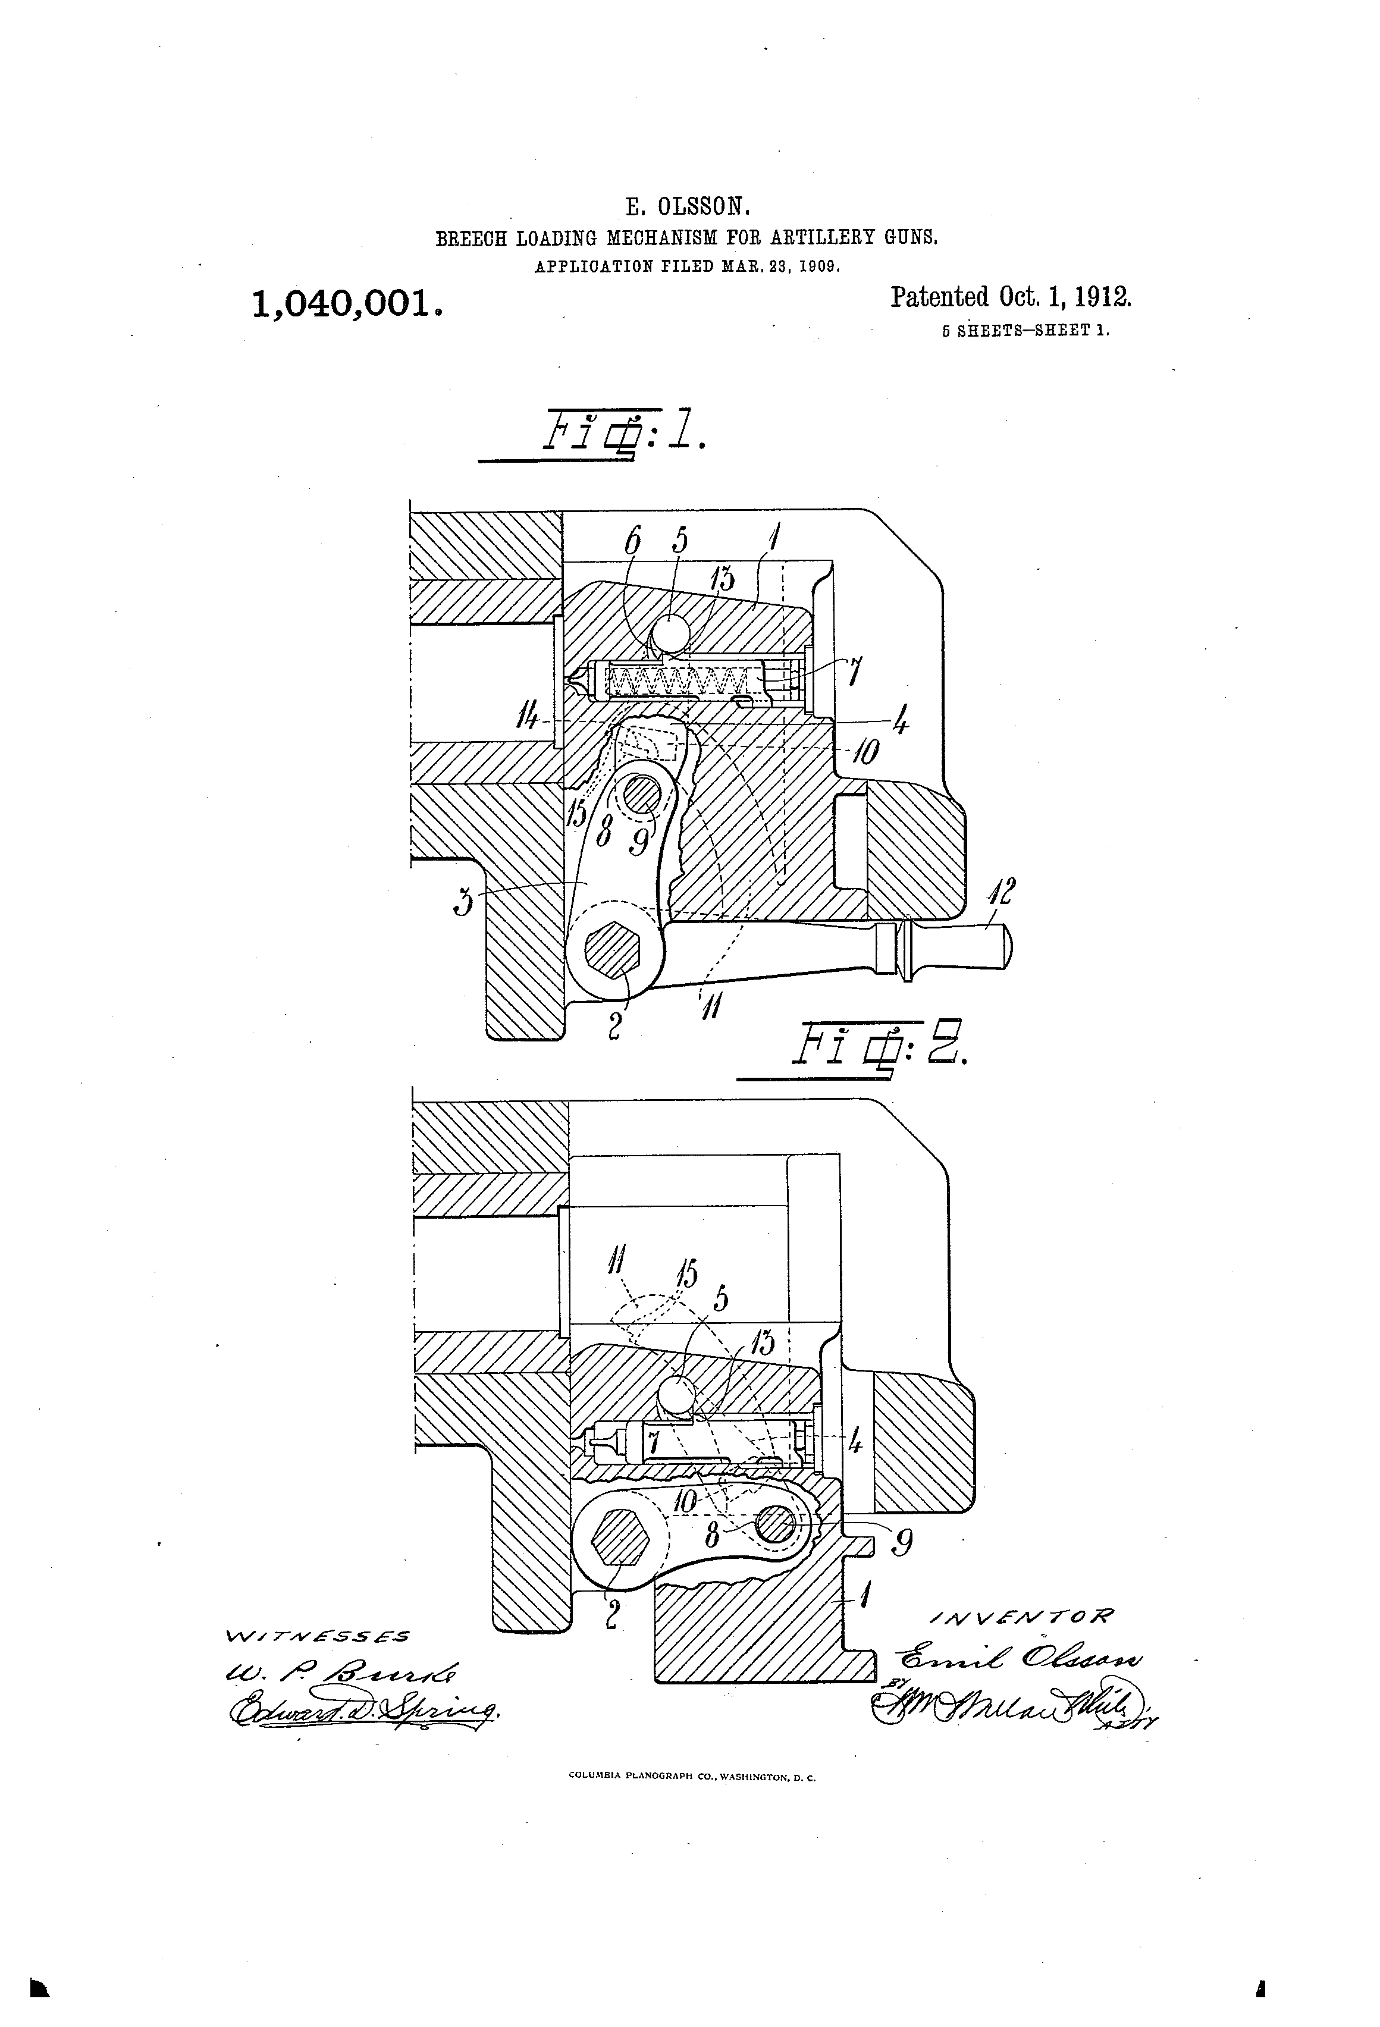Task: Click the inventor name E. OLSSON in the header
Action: click(688, 207)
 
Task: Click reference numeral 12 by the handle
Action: click(1002, 893)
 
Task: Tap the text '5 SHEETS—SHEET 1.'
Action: click(1025, 331)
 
